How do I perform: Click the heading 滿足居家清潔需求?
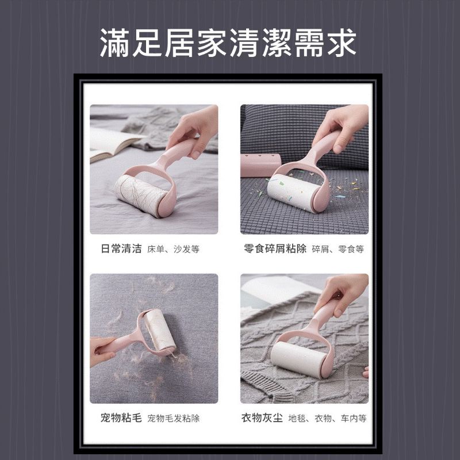coord(229,43)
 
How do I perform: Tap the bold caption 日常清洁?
coord(120,249)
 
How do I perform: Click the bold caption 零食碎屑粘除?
coord(275,249)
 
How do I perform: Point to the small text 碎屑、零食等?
coord(338,250)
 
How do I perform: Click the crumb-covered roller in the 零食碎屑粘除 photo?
coord(291,194)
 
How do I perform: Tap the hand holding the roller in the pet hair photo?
coord(103,348)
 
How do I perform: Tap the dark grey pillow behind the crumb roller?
coord(287,129)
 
